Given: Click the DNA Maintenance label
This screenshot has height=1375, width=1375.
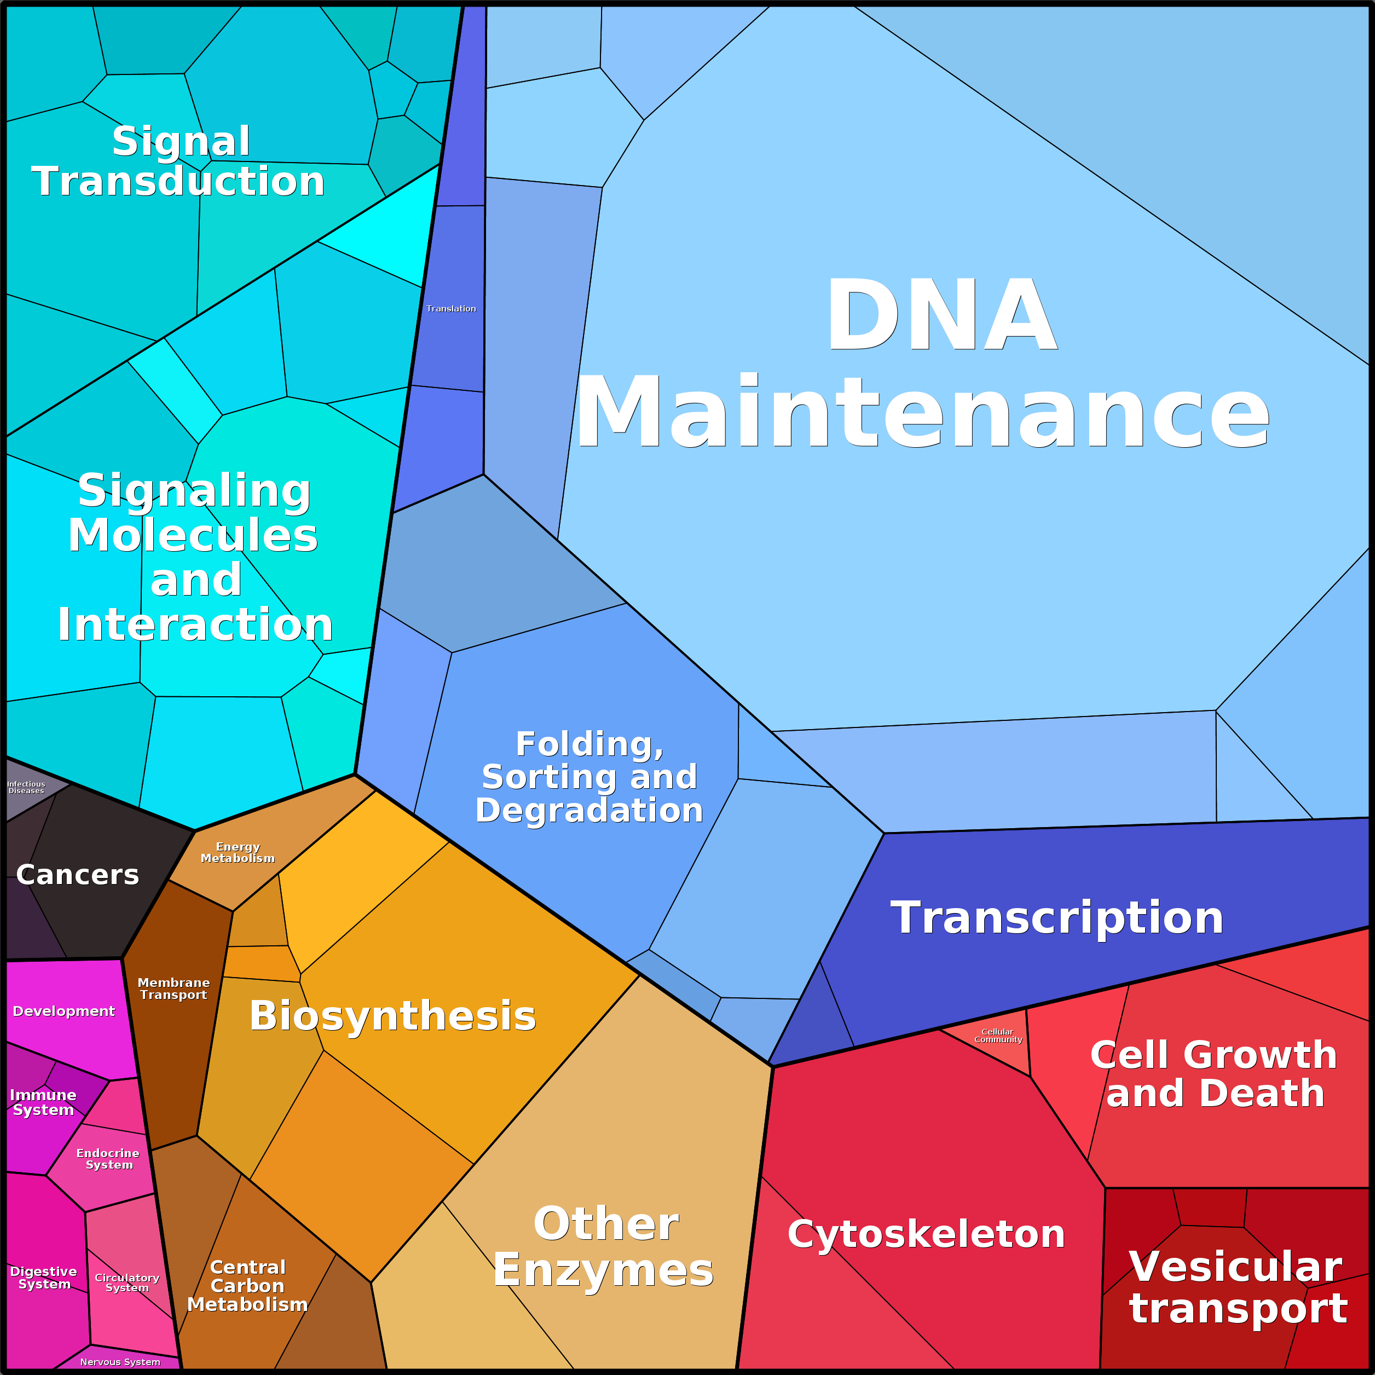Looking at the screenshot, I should click(x=922, y=363).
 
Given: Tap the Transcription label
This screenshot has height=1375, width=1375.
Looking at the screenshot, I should click(x=1057, y=917).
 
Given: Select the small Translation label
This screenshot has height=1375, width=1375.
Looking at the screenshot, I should click(x=451, y=308).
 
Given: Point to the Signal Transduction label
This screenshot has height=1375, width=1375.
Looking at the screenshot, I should click(x=178, y=161).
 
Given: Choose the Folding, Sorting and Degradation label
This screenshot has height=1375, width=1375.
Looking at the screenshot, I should click(x=590, y=777).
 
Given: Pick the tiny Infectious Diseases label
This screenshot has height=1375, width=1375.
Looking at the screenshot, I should click(x=26, y=787).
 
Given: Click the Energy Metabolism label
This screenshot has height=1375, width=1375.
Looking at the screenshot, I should click(x=238, y=853).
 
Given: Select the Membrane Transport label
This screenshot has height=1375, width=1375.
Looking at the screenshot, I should click(x=174, y=989).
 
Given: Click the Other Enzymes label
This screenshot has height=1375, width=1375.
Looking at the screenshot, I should click(x=604, y=1247).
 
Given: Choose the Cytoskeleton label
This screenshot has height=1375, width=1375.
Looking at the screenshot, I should click(x=926, y=1234).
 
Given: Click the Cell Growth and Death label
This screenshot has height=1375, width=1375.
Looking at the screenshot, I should click(x=1214, y=1074).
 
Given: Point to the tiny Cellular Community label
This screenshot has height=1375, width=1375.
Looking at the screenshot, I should click(x=998, y=1036).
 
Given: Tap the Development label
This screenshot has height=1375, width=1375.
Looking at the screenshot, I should click(x=63, y=1012).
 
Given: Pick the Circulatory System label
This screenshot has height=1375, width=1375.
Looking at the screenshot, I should click(x=126, y=1282).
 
